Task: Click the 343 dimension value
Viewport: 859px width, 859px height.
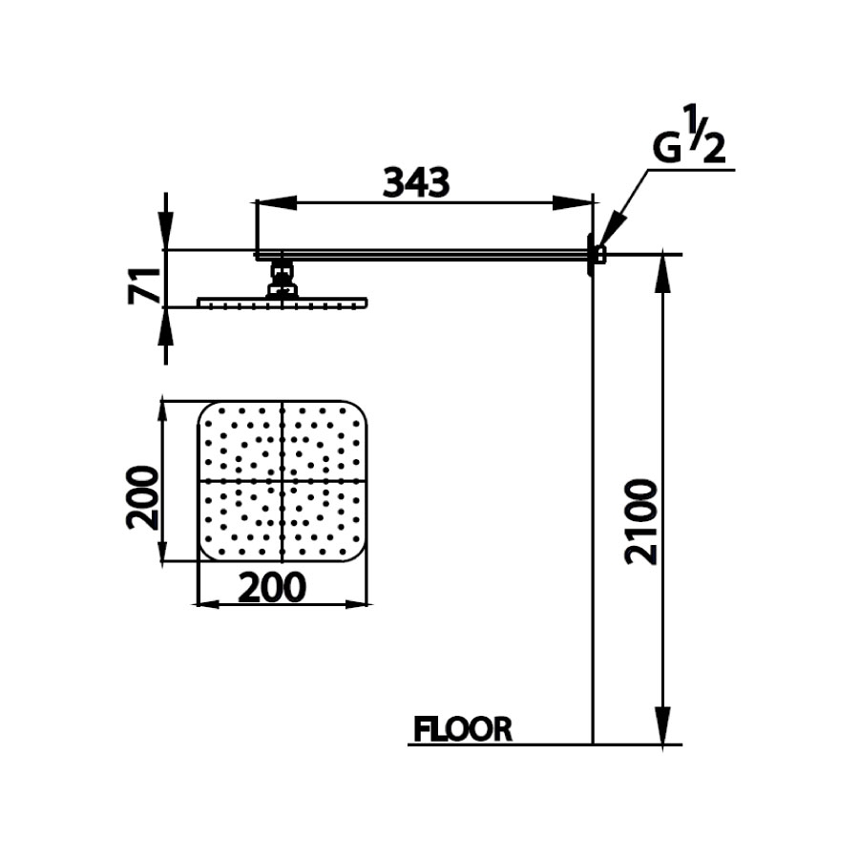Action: pos(415,182)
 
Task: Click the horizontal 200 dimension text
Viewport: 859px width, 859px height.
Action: pos(272,588)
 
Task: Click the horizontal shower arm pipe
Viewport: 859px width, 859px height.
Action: pos(420,254)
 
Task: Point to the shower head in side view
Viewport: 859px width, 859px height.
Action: pos(282,303)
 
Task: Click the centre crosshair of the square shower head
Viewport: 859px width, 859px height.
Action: pos(283,480)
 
